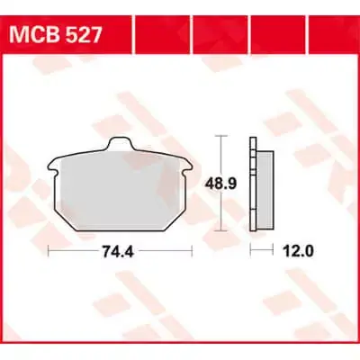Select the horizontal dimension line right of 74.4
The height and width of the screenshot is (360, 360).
tap(166, 247)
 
